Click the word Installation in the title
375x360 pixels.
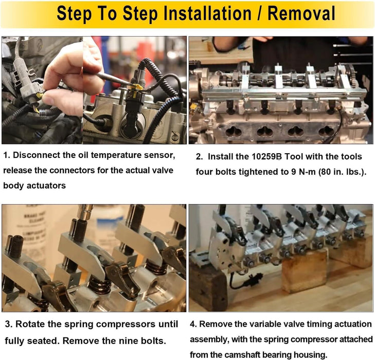[x=207, y=13]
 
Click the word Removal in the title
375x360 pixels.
[x=301, y=13]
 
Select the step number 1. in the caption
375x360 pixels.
[x=7, y=155]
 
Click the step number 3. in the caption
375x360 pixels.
[x=9, y=324]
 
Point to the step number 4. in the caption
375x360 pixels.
[x=193, y=324]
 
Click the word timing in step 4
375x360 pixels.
[x=319, y=325]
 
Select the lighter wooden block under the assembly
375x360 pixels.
[x=304, y=271]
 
